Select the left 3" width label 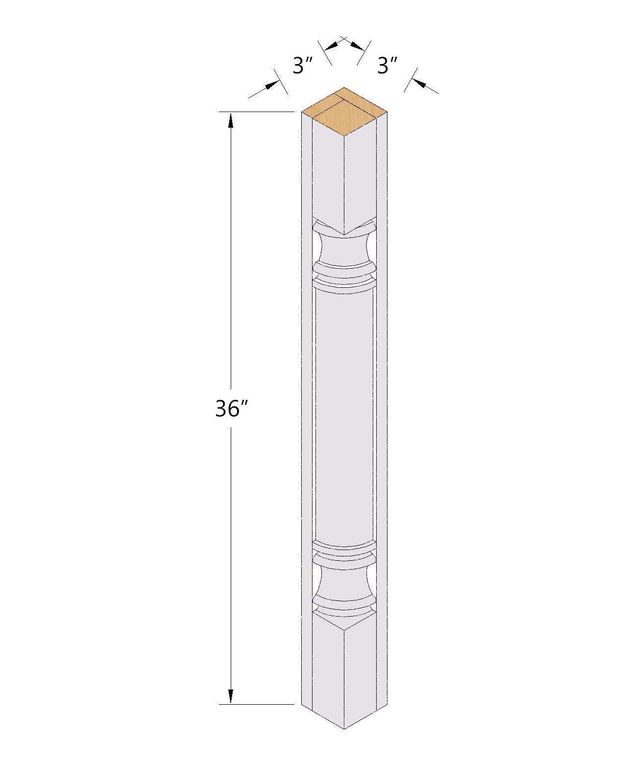point(302,66)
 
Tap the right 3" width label point(386,66)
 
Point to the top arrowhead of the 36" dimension point(231,120)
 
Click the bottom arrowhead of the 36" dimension point(231,696)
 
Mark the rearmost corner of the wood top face point(344,89)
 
